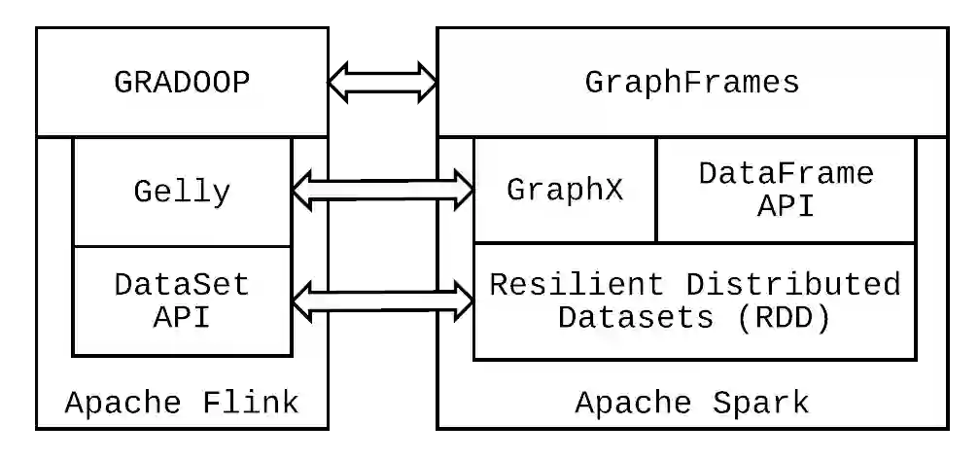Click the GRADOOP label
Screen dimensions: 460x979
click(x=182, y=83)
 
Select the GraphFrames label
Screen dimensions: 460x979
click(x=691, y=83)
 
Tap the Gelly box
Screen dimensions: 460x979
click(x=182, y=192)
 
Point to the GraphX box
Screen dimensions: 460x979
click(x=565, y=190)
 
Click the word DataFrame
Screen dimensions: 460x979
click(x=786, y=174)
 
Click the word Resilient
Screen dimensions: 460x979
click(x=577, y=285)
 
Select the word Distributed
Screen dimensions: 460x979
click(x=793, y=285)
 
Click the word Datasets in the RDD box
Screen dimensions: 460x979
click(x=637, y=318)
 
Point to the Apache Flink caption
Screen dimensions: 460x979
click(x=182, y=402)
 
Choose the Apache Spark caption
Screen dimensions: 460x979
click(x=691, y=402)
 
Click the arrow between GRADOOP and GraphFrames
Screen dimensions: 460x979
click(x=382, y=83)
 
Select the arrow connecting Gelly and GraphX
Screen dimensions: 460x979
click(x=382, y=189)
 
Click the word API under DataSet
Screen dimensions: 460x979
click(x=182, y=317)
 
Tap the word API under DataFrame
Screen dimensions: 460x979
click(x=786, y=206)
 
